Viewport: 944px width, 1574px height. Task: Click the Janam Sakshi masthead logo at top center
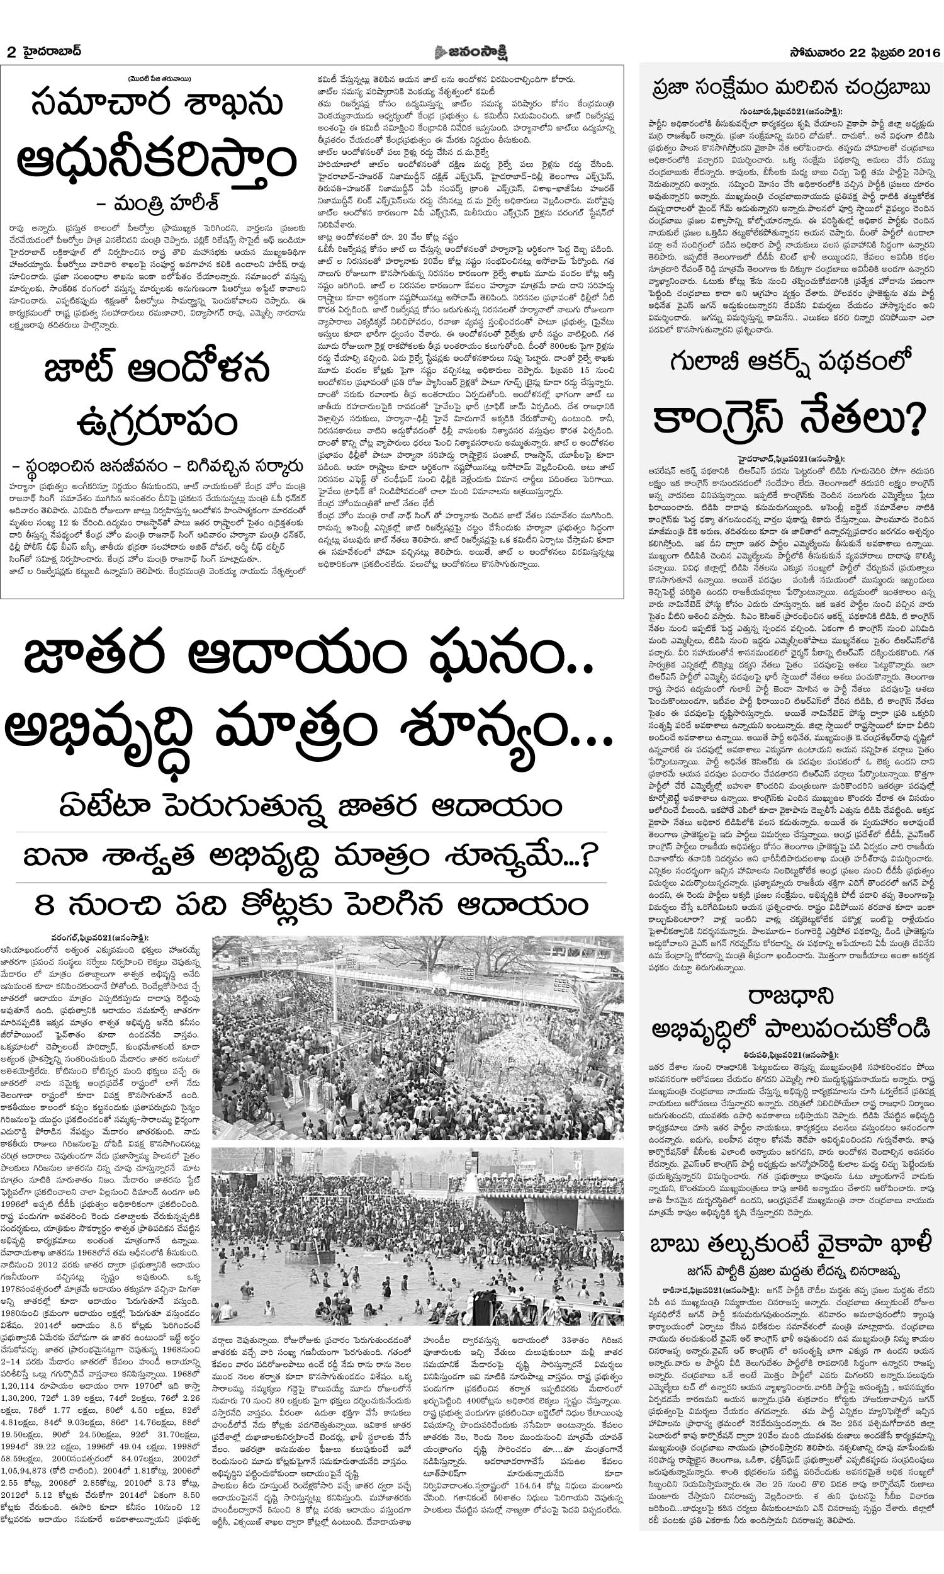point(471,52)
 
